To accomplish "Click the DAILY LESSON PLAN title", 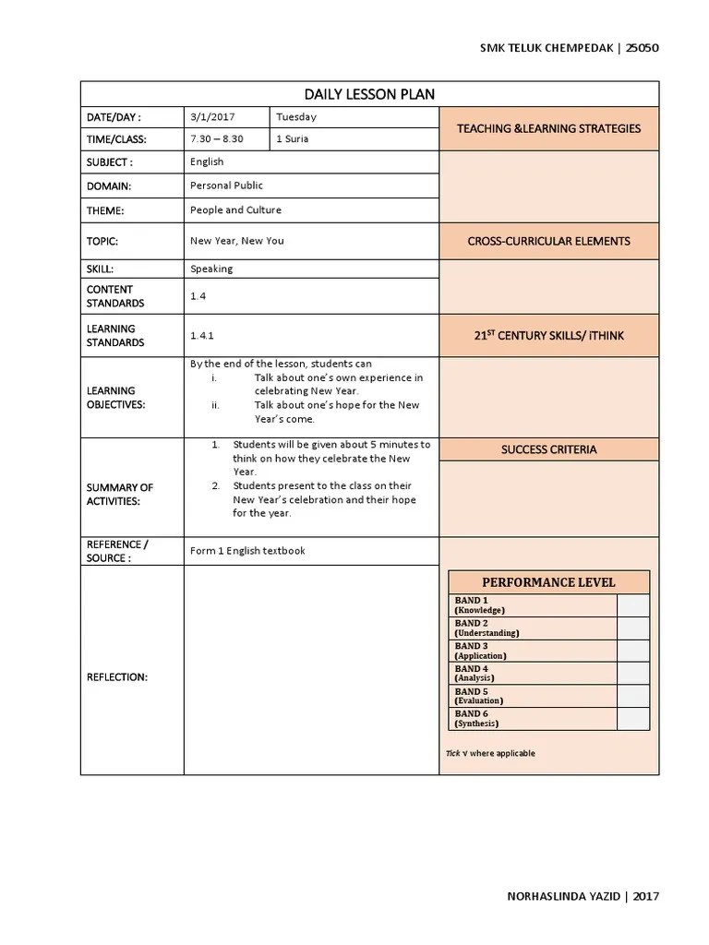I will pos(369,94).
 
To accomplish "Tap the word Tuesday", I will pos(296,117).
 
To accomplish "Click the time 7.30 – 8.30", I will pos(217,139).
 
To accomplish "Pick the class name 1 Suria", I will pos(293,139).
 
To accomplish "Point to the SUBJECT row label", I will pos(110,162).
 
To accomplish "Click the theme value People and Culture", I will pos(235,210).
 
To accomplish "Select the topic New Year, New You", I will pos(237,241).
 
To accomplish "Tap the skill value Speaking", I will pos(211,269).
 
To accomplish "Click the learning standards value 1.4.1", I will pos(202,336).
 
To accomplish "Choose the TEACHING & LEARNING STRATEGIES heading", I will pos(548,128).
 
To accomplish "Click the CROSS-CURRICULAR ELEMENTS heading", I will pos(548,241).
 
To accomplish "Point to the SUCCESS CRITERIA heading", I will pos(548,449).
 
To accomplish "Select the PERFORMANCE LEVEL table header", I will pos(548,582).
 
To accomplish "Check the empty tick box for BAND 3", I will pos(632,651).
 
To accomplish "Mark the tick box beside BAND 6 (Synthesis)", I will pos(632,719).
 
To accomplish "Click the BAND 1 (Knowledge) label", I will pos(480,605).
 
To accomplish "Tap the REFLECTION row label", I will pos(116,677).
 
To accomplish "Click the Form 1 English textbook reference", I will pos(247,551).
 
